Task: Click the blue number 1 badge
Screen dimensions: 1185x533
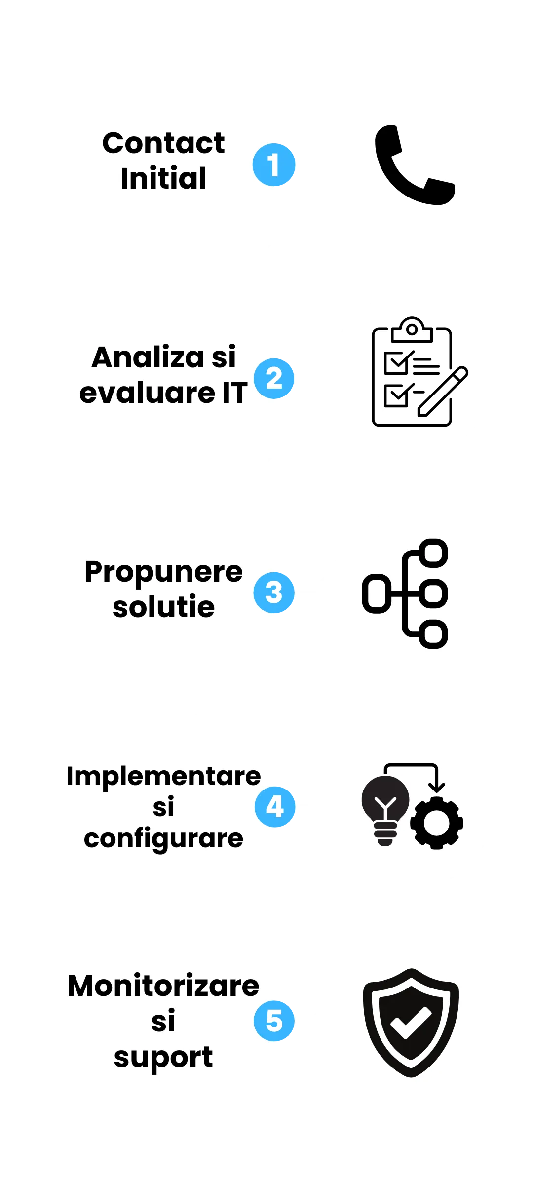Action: coord(273,164)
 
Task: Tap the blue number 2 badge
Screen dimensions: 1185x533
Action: coord(274,378)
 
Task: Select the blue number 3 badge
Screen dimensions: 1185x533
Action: coord(274,592)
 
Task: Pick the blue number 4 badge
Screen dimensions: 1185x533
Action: coord(274,807)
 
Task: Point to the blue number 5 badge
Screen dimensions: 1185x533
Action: coord(274,1021)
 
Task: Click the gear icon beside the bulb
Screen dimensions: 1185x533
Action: coord(436,823)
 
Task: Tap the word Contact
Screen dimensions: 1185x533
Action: coord(163,144)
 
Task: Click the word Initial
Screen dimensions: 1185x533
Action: coord(163,178)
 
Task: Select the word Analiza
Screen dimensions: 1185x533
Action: coord(147,357)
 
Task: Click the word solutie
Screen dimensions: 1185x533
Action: coord(163,607)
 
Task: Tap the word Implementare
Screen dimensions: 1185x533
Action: coord(163,776)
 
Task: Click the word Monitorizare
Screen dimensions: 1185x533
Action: coord(163,987)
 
